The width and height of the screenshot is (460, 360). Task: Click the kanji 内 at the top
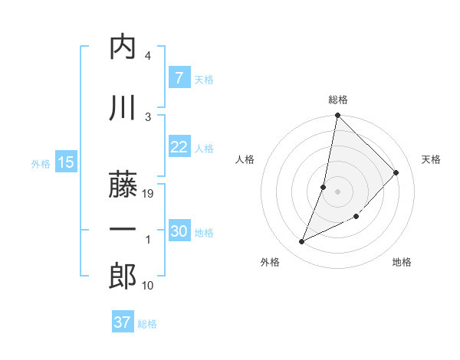tap(123, 47)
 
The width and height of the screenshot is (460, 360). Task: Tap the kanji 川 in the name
tap(123, 109)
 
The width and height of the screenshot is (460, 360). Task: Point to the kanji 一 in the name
tap(123, 229)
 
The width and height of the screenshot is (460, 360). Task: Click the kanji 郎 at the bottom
tap(123, 277)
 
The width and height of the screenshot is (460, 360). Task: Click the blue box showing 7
tap(179, 78)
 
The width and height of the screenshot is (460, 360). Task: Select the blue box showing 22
tap(179, 147)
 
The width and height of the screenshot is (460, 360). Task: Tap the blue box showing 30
tap(179, 231)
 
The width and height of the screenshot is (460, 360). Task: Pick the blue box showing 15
tap(65, 162)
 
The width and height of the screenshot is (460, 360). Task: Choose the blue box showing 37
tap(122, 322)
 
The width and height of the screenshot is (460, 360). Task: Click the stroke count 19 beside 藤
tap(149, 194)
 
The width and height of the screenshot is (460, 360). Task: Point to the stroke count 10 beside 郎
tap(149, 286)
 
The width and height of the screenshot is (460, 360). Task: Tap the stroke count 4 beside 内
tap(148, 56)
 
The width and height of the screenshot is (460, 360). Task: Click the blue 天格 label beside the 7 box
tap(204, 79)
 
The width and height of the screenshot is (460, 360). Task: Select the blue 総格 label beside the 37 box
tap(147, 324)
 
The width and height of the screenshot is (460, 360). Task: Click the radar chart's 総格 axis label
tap(338, 100)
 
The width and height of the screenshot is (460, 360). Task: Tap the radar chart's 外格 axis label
tap(269, 262)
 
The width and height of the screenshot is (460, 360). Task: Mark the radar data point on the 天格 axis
tap(396, 172)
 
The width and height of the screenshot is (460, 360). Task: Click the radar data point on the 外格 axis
tap(302, 242)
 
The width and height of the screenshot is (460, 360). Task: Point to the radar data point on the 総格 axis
tap(337, 115)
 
